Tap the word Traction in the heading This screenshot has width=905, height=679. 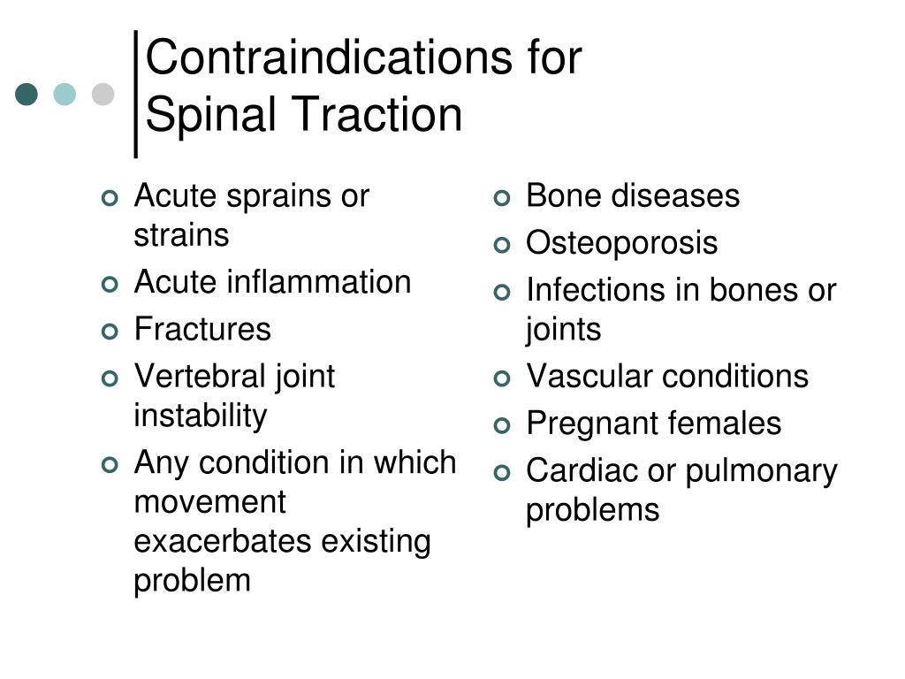tap(377, 115)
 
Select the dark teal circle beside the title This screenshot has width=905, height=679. tap(27, 94)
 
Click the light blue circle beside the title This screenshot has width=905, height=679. tap(65, 94)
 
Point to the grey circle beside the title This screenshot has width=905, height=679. tap(103, 94)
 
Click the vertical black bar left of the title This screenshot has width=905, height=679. tap(135, 93)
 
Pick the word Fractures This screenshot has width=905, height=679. tap(202, 330)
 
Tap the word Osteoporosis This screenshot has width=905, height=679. tap(621, 243)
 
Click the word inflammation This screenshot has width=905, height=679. tap(319, 283)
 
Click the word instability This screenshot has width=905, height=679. tap(200, 416)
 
